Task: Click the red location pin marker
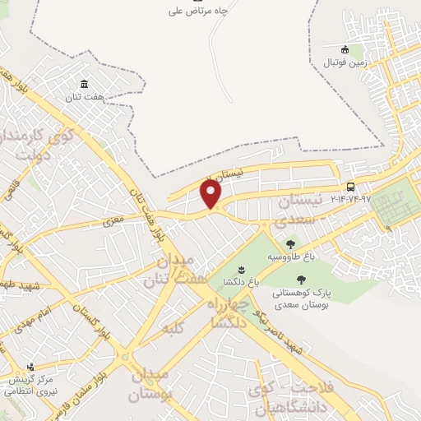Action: coord(211,194)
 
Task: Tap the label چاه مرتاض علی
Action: coord(197,11)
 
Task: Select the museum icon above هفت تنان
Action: coord(85,84)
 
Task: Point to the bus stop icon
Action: coord(351,187)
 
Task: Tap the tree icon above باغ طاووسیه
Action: coord(290,243)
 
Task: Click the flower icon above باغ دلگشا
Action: coord(241,269)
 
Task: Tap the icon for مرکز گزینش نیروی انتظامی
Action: coord(31,367)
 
